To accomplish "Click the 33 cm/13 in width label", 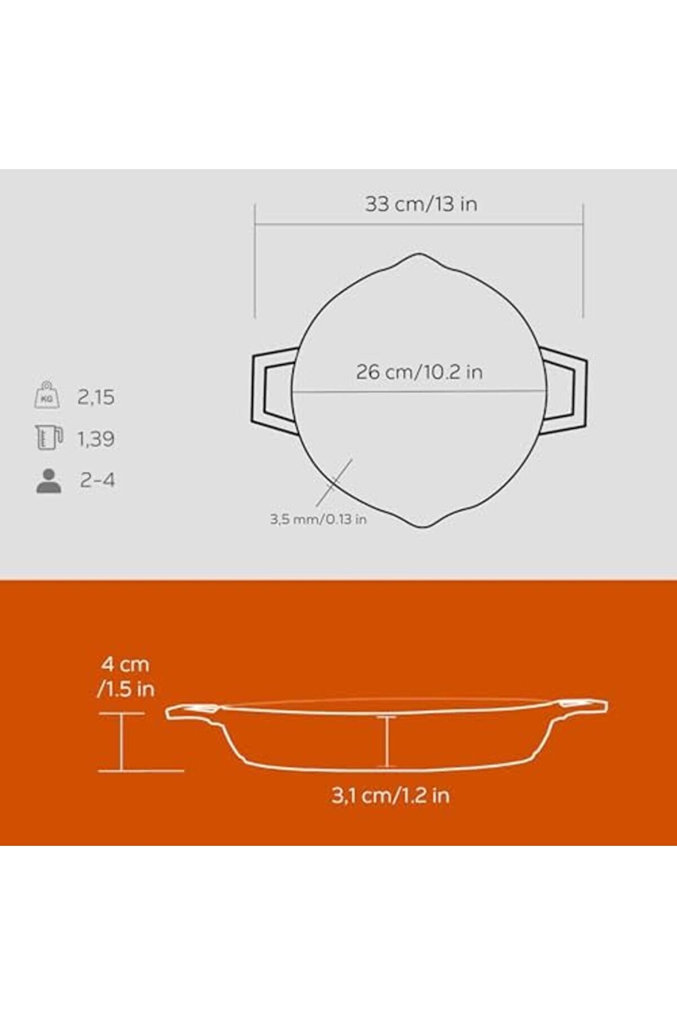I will pyautogui.click(x=421, y=203).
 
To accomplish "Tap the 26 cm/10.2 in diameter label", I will pyautogui.click(x=419, y=372).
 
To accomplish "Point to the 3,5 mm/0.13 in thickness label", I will pyautogui.click(x=318, y=519).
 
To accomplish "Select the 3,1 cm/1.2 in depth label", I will pyautogui.click(x=390, y=795).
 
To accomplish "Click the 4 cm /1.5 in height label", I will pyautogui.click(x=126, y=676).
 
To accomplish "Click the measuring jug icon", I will pyautogui.click(x=48, y=438).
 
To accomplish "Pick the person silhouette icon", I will pyautogui.click(x=48, y=481).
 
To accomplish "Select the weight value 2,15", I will pyautogui.click(x=96, y=397).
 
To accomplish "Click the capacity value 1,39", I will pyautogui.click(x=96, y=438).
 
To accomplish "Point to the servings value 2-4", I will pyautogui.click(x=98, y=480).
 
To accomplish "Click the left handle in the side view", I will pyautogui.click(x=192, y=712).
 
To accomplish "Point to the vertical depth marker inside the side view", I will pyautogui.click(x=387, y=741).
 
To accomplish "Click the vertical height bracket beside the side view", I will pyautogui.click(x=122, y=742).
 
